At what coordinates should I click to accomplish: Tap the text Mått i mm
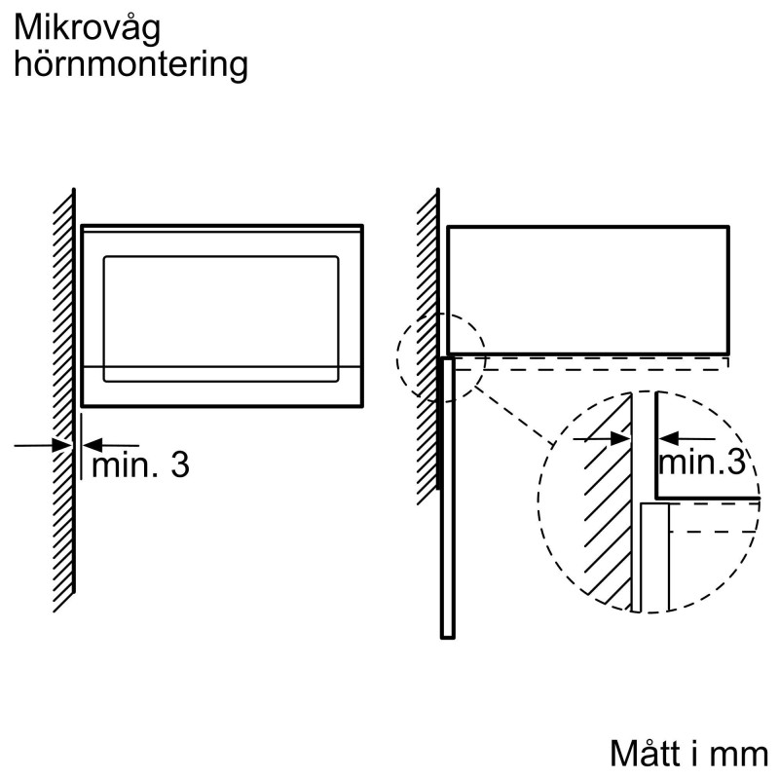pyautogui.click(x=688, y=753)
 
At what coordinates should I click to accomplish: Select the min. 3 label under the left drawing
pyautogui.click(x=140, y=464)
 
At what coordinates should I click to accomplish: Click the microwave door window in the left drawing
pyautogui.click(x=222, y=310)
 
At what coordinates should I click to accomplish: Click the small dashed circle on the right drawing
pyautogui.click(x=440, y=356)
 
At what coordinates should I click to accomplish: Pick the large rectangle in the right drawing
pyautogui.click(x=587, y=289)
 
